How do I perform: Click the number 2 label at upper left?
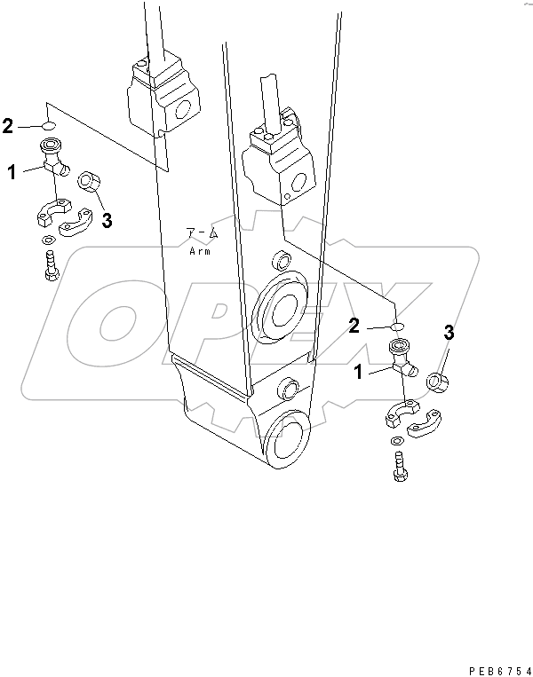8,126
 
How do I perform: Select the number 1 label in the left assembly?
12,173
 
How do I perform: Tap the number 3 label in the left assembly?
107,221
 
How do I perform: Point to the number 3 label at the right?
449,333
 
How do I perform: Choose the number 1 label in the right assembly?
359,374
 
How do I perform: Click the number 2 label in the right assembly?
354,327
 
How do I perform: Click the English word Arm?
198,251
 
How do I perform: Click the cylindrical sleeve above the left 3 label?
90,183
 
